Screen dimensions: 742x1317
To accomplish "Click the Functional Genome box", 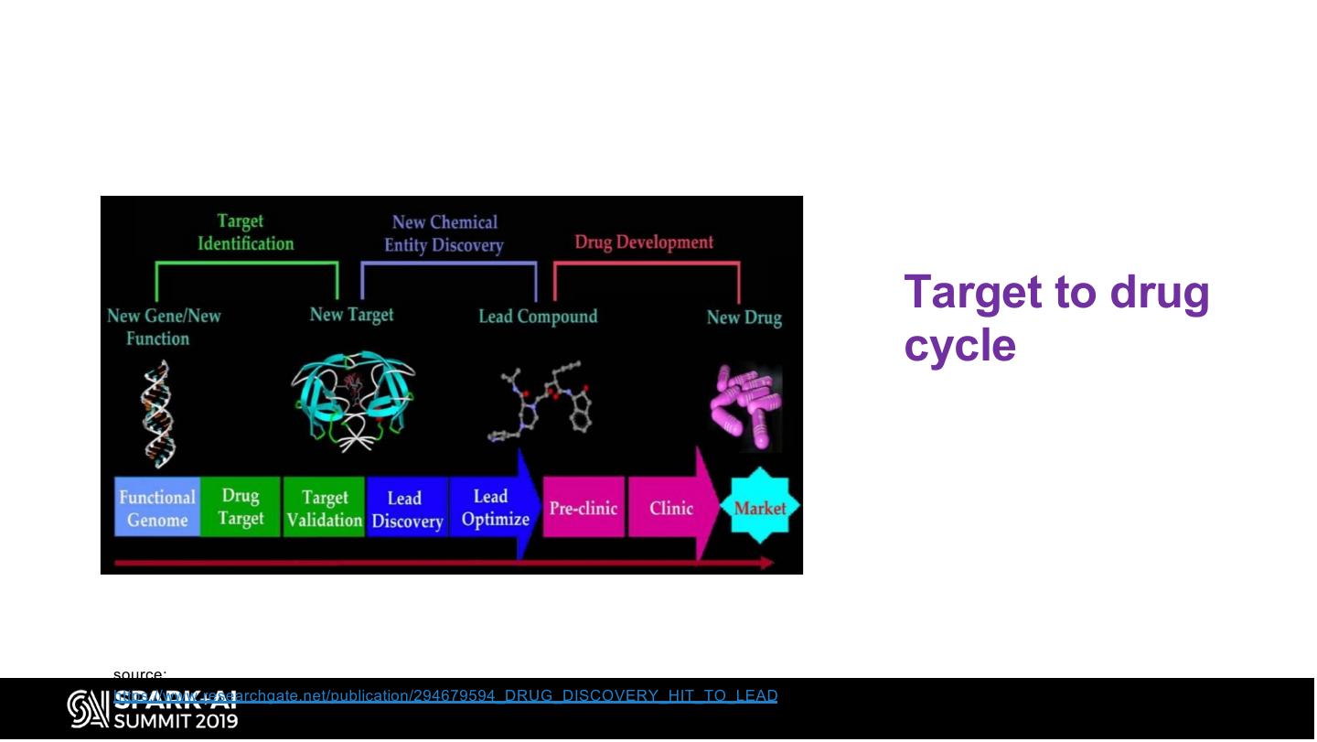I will (157, 508).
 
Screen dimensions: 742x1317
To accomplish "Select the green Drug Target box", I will (241, 507).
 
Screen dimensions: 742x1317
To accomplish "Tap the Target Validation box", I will (324, 508).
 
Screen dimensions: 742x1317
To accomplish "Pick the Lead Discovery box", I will (406, 509).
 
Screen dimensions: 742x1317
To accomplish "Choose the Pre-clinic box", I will (584, 508).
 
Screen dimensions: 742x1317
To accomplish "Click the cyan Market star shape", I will (760, 507).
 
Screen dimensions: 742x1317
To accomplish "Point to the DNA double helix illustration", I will (157, 412).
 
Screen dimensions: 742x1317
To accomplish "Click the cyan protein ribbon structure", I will (353, 399).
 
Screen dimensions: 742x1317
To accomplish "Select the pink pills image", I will (746, 407).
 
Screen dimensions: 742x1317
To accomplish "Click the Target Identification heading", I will (245, 232).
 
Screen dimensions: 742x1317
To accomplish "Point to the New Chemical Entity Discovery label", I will (444, 233).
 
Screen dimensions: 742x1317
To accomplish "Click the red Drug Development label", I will (644, 242).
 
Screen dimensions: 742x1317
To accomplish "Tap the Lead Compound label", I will (538, 317).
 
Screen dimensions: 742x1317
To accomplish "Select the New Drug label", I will (744, 317).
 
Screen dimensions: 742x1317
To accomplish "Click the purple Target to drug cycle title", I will (1056, 318).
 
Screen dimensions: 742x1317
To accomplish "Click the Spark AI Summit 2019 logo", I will (154, 710).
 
